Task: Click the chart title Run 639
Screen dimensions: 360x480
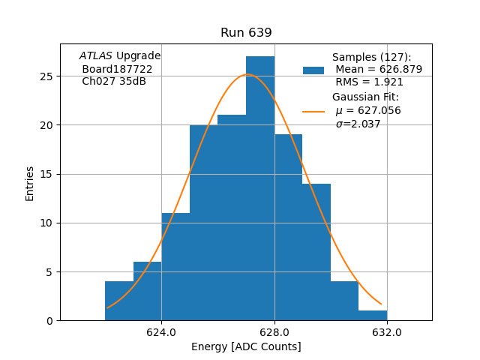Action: point(246,33)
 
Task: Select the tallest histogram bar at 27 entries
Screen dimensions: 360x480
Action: point(260,187)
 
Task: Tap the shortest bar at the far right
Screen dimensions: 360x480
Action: point(373,315)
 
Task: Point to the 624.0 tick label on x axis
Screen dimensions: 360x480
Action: point(161,332)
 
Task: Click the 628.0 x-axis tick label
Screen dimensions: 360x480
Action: point(274,332)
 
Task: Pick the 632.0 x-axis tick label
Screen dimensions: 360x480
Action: point(387,332)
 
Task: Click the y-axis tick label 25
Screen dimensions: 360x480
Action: point(46,76)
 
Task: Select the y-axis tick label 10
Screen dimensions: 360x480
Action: point(46,223)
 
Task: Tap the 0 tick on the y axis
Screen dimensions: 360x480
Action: point(49,321)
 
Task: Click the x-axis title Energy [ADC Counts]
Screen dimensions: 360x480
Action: point(246,346)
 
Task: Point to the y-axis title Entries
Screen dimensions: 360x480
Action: point(30,184)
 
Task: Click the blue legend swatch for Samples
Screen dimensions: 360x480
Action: point(313,70)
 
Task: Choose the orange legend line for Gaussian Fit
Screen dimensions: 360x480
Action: point(313,111)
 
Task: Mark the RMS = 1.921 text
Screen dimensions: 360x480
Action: point(369,82)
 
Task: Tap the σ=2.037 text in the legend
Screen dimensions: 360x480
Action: point(358,124)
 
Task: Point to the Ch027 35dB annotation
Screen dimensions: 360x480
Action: point(114,82)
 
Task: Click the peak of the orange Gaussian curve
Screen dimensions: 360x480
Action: point(249,75)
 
